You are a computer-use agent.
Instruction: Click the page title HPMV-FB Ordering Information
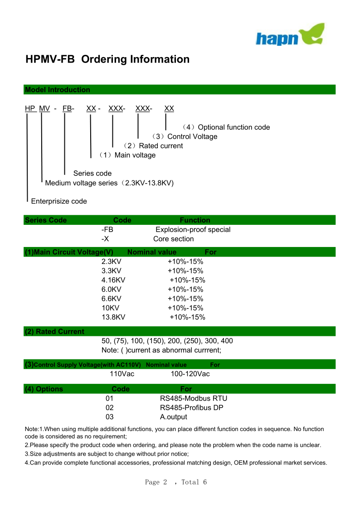point(107,59)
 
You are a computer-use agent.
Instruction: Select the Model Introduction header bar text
point(58,90)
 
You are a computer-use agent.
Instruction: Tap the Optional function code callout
point(226,127)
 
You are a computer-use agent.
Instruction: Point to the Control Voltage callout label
point(185,136)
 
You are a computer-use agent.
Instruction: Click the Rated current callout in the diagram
point(153,146)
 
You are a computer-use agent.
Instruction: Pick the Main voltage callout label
point(127,155)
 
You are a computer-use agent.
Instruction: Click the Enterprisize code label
point(59,201)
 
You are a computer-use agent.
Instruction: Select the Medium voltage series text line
point(109,183)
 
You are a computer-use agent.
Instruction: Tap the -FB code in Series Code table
point(107,229)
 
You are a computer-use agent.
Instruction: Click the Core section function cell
point(173,239)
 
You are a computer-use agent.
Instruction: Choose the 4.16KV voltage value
point(113,280)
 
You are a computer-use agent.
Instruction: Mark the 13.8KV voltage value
point(113,317)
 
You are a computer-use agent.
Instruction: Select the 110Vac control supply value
point(122,374)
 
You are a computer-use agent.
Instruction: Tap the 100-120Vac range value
point(190,374)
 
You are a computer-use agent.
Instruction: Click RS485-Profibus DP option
point(191,407)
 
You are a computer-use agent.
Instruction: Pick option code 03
point(110,417)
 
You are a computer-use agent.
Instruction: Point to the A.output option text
point(173,417)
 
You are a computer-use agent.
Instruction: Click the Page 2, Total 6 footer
point(176,482)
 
